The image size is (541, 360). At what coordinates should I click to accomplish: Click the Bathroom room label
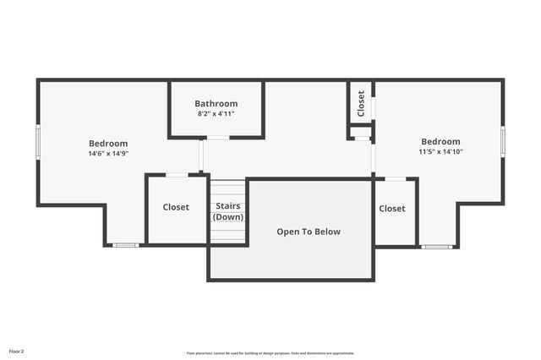[x=216, y=104]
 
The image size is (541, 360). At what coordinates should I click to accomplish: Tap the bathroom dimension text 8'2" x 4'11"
[x=216, y=113]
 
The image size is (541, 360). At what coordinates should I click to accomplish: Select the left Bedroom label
[x=108, y=144]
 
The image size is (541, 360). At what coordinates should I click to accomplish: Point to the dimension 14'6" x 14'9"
[x=108, y=154]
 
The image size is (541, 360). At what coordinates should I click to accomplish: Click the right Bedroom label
[x=440, y=142]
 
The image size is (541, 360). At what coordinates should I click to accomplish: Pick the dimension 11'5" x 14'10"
[x=440, y=152]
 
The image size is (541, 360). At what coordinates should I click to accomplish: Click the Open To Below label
[x=309, y=232]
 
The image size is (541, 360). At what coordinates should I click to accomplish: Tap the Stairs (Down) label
[x=228, y=211]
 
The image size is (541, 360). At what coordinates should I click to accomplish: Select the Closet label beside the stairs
[x=176, y=207]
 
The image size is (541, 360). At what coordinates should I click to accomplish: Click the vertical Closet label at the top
[x=361, y=103]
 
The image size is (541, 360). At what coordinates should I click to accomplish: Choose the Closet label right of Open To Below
[x=392, y=209]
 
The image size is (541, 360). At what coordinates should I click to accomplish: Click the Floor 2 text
[x=17, y=351]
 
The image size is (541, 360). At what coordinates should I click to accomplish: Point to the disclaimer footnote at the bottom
[x=270, y=353]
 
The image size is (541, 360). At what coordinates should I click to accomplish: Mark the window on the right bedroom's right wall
[x=503, y=140]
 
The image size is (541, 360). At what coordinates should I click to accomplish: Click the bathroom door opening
[x=218, y=138]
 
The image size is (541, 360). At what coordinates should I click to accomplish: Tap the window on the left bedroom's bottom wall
[x=126, y=245]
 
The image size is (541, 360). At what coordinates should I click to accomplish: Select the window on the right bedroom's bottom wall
[x=438, y=247]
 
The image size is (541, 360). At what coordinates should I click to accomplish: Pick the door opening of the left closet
[x=177, y=175]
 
